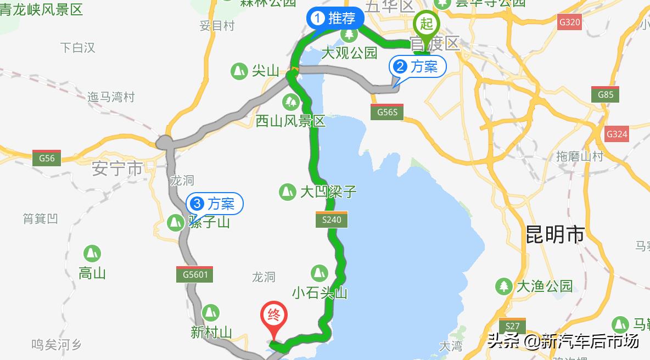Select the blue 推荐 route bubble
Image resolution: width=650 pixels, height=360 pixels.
click(335, 18)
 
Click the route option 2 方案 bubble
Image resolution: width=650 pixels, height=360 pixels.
click(417, 67)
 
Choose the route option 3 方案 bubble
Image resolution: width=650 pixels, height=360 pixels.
click(215, 204)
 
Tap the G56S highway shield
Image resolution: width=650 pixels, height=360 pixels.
click(387, 112)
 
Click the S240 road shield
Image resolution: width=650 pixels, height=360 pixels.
click(332, 220)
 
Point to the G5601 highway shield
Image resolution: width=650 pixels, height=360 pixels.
click(194, 274)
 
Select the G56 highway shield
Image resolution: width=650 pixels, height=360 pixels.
click(47, 157)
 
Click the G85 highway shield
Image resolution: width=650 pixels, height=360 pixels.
click(605, 94)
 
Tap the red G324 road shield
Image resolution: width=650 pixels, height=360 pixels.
click(617, 134)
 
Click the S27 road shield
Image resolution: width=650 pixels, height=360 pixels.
click(513, 325)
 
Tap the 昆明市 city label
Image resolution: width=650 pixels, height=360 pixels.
click(555, 234)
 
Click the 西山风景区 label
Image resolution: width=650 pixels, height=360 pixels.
click(291, 121)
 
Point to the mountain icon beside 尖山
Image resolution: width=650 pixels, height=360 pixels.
click(239, 71)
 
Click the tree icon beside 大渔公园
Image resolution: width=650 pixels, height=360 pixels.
click(503, 286)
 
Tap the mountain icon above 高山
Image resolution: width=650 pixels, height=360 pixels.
click(92, 254)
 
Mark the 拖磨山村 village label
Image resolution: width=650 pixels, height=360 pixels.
click(580, 156)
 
